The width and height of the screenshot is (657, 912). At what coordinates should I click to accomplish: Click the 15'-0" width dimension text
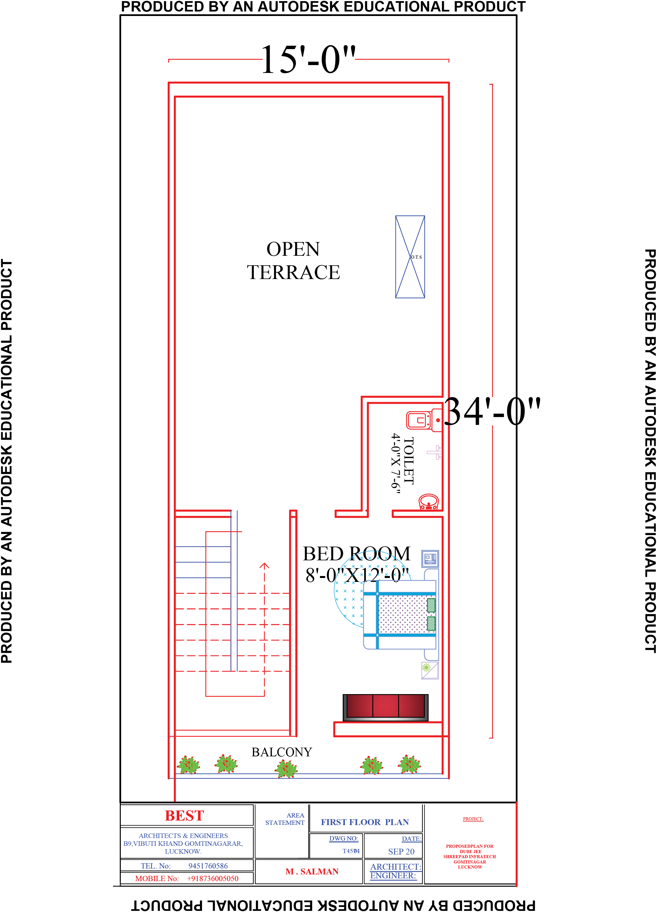308,60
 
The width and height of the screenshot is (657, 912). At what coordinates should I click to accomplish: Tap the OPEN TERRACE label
293,261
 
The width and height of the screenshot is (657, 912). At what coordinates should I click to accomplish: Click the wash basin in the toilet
429,502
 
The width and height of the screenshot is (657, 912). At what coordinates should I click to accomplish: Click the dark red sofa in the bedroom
385,707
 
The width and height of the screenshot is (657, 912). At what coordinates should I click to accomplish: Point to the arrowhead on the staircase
264,566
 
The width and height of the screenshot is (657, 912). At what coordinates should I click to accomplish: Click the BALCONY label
282,752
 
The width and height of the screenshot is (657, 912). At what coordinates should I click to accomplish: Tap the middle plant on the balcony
286,769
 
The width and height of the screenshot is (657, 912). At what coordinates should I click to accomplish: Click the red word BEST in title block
185,816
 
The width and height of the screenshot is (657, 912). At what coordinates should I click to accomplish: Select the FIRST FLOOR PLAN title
365,822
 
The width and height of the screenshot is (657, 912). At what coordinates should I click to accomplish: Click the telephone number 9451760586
208,866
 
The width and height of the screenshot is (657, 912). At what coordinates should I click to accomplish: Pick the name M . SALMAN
312,871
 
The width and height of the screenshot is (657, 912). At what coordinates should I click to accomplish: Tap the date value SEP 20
401,851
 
